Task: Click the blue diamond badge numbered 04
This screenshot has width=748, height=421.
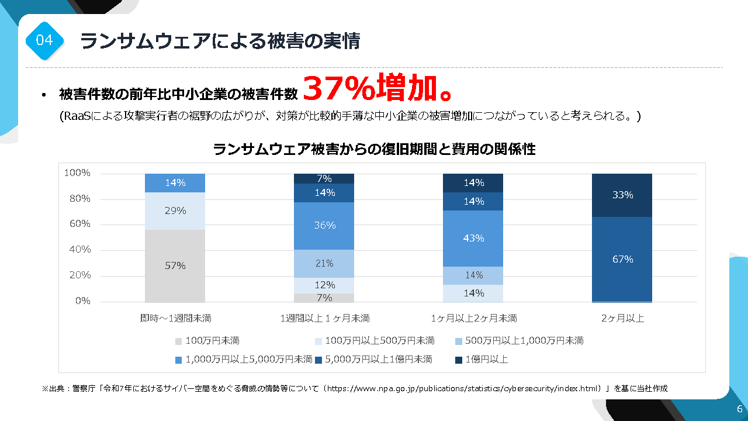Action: [44, 40]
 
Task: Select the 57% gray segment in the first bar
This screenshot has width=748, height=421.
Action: [175, 265]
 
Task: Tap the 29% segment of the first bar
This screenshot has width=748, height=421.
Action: [175, 210]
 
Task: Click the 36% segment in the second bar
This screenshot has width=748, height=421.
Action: [324, 225]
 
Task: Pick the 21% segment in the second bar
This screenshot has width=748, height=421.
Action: [324, 264]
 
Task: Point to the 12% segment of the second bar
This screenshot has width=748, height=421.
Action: [324, 285]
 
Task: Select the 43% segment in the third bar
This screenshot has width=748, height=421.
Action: [473, 238]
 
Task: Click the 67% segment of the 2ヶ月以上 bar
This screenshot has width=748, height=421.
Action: [622, 259]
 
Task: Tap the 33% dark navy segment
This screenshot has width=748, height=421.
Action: [622, 195]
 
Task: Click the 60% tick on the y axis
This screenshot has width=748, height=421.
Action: [77, 224]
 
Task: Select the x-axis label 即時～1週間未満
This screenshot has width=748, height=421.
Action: [175, 319]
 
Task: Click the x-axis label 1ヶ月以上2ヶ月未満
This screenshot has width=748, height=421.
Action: [473, 319]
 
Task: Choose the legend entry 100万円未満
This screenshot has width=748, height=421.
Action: [212, 340]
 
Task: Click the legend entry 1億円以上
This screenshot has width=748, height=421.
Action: [486, 359]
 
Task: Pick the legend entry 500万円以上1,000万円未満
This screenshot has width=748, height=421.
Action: [524, 340]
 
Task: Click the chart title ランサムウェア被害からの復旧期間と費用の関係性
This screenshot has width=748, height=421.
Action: [374, 150]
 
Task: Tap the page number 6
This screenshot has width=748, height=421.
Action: [739, 409]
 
